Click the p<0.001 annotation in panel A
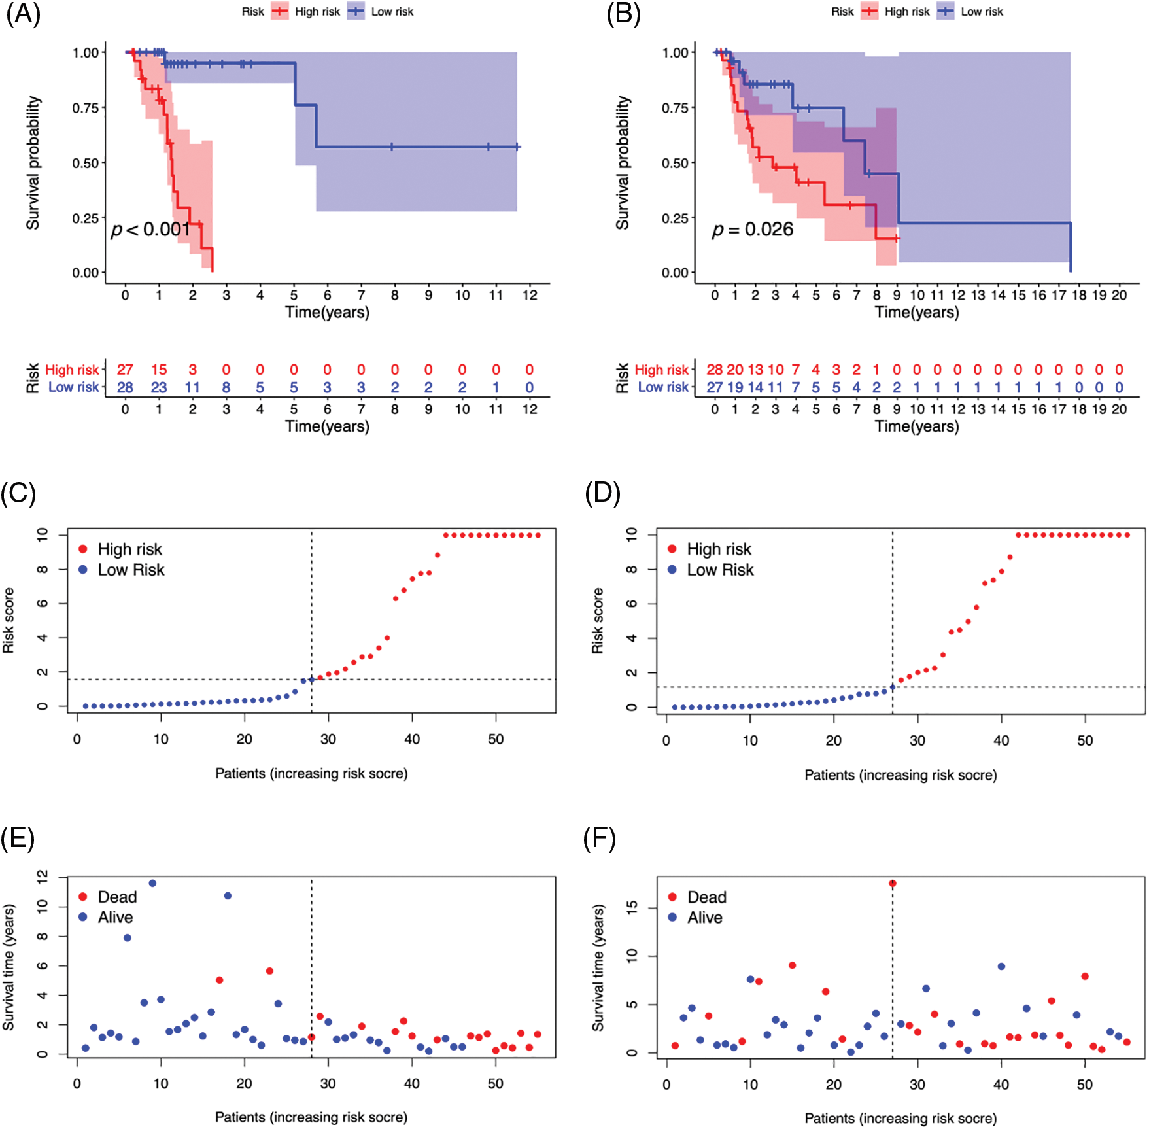point(150,229)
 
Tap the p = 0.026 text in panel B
point(752,230)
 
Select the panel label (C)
point(18,493)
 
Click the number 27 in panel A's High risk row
point(125,370)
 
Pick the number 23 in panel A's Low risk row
point(159,387)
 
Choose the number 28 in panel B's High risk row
point(715,370)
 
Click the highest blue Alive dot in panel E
point(152,883)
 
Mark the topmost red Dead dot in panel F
point(893,883)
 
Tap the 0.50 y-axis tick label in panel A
point(85,163)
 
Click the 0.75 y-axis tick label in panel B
point(675,108)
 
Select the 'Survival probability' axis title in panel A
point(33,163)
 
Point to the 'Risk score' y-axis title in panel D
point(597,621)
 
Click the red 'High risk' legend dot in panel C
point(83,549)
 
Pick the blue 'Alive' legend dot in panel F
point(672,917)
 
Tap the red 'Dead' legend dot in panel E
point(83,896)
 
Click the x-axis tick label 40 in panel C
point(412,739)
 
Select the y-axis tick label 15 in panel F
point(632,907)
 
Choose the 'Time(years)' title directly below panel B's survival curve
point(917,312)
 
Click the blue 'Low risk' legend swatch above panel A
point(356,11)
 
